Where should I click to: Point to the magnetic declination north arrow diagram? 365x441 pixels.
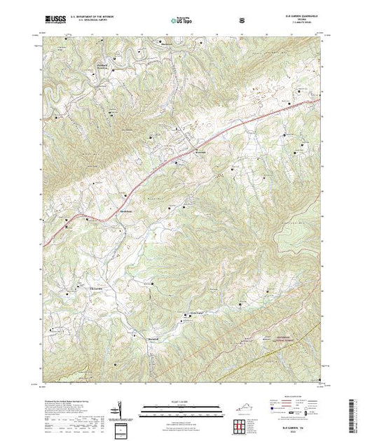pyautogui.click(x=120, y=409)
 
